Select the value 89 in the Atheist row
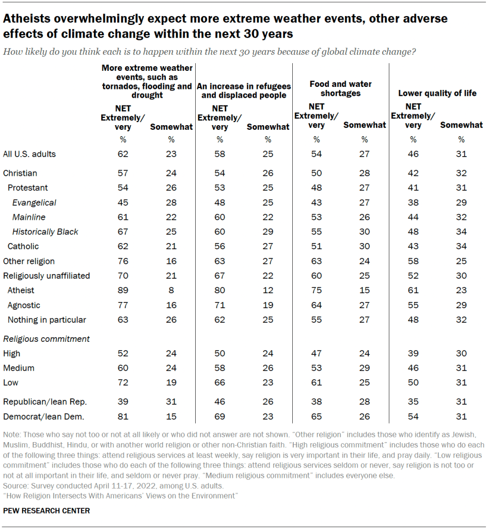coord(123,291)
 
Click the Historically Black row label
coord(45,232)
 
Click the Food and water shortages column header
coord(340,88)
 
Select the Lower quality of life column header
coord(437,94)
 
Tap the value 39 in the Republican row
coord(123,401)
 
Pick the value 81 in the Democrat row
coord(123,416)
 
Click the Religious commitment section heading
coord(46,339)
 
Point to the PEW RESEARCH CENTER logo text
coord(46,511)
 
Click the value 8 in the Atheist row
coord(171,291)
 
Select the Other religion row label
coord(29,261)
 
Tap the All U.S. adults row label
coord(29,154)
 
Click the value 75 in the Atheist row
coord(316,291)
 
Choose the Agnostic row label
coord(24,305)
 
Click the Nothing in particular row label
coord(47,320)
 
